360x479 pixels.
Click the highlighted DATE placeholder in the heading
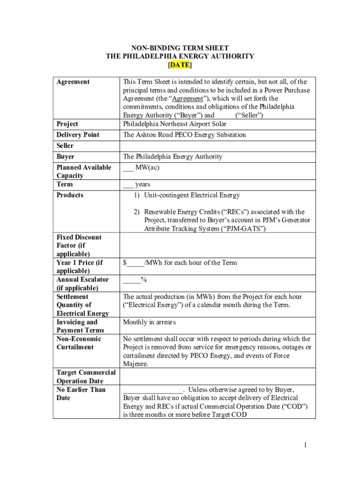click(x=180, y=65)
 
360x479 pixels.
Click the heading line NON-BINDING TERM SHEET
click(x=180, y=48)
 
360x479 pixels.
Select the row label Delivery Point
click(x=78, y=135)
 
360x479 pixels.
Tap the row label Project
click(x=67, y=124)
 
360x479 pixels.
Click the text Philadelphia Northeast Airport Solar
click(x=174, y=124)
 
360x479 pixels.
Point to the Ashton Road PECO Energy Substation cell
click(x=184, y=135)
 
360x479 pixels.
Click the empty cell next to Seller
click(x=217, y=146)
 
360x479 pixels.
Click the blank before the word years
click(x=128, y=185)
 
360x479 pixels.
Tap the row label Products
click(x=70, y=195)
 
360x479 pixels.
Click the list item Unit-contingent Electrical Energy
click(x=192, y=195)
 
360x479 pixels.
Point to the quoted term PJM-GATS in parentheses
click(x=247, y=229)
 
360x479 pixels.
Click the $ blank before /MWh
click(x=134, y=263)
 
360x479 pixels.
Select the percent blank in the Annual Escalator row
click(x=131, y=280)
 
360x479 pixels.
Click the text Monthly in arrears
click(x=150, y=322)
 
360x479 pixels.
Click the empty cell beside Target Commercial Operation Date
click(x=217, y=377)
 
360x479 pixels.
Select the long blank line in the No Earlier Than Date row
click(x=153, y=390)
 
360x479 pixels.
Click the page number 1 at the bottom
click(x=304, y=445)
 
